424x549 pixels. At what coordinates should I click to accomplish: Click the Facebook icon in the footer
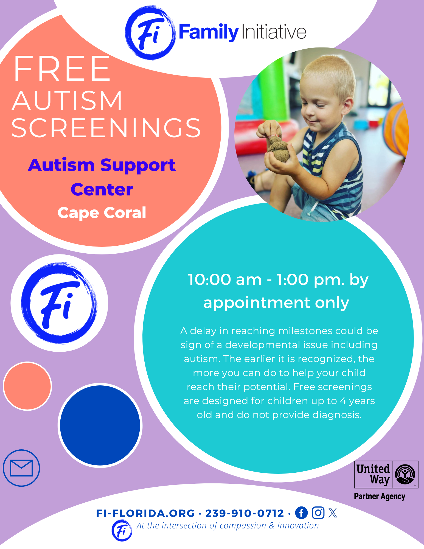click(x=301, y=513)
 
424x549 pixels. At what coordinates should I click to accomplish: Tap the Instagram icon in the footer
click(x=318, y=513)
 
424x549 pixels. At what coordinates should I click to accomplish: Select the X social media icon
click(x=333, y=513)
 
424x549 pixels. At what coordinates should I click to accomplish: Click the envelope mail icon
click(x=21, y=468)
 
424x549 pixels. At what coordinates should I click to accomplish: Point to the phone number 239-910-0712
click(x=245, y=513)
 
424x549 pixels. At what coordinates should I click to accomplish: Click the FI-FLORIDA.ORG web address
click(x=145, y=513)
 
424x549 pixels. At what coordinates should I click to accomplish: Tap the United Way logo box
click(x=386, y=474)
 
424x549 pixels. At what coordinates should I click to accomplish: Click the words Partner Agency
click(x=380, y=497)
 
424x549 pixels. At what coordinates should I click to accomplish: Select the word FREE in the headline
click(x=62, y=69)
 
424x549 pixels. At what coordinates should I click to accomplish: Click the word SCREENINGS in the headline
click(x=106, y=128)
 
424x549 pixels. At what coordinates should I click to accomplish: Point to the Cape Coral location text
click(x=102, y=213)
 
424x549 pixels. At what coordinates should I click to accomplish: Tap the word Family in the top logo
click(x=209, y=32)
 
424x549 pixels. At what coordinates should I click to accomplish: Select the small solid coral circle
click(x=27, y=386)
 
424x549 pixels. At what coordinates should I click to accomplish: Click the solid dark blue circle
click(x=100, y=425)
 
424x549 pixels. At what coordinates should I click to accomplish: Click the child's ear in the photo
click(x=348, y=108)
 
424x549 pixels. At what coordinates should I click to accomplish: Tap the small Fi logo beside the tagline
click(x=122, y=531)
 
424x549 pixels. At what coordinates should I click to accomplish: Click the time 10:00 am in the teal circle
click(x=225, y=280)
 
